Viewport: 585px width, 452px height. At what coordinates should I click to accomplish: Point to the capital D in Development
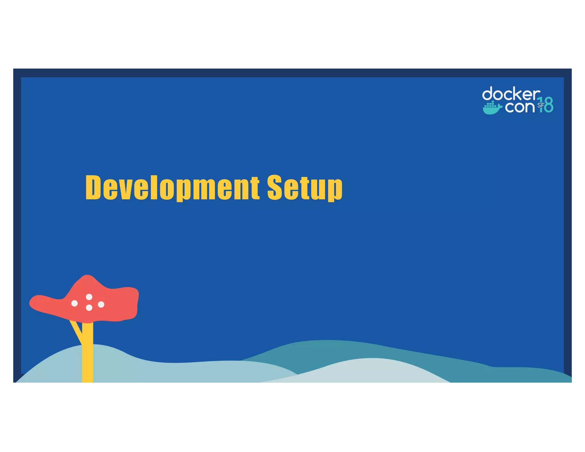[x=93, y=187]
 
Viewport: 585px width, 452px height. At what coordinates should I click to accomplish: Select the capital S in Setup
[x=275, y=187]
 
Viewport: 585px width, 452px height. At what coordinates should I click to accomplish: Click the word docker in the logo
[x=511, y=94]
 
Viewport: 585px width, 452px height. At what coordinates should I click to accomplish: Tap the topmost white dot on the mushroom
[x=89, y=297]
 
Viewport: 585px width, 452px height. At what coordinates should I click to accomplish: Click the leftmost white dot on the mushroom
[x=75, y=303]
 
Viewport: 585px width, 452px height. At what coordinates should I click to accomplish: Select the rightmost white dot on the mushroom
[x=101, y=305]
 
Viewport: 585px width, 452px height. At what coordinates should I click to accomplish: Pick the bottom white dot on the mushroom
[x=89, y=308]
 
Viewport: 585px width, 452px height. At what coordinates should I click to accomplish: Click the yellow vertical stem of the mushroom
[x=88, y=354]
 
